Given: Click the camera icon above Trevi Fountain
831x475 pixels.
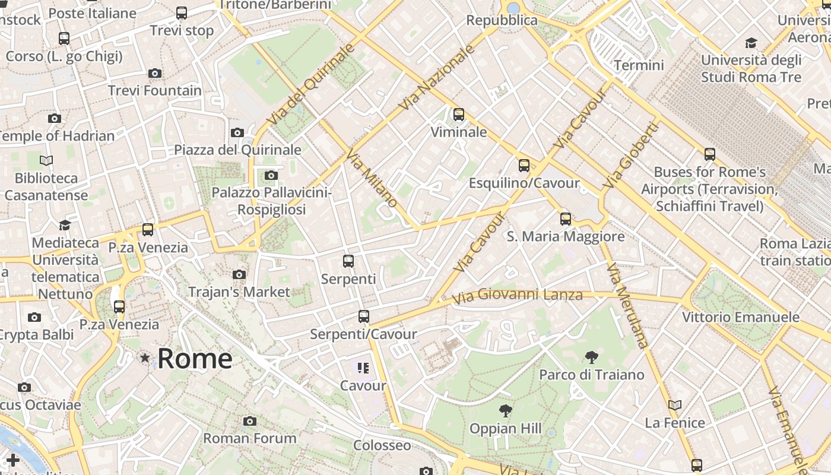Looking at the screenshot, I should click(155, 74).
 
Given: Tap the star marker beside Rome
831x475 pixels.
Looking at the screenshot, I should click(145, 357).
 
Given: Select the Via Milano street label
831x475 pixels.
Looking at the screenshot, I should click(372, 179).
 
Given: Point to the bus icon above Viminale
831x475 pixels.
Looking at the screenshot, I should click(458, 115).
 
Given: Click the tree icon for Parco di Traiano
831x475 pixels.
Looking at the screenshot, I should click(591, 357).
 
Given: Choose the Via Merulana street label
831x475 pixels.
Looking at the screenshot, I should click(627, 305).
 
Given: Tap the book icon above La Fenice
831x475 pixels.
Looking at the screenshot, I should click(674, 405).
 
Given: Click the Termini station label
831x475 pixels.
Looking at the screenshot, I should click(639, 65).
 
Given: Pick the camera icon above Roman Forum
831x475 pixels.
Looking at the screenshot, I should click(250, 421).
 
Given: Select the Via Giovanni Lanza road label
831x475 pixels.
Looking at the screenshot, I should click(516, 294).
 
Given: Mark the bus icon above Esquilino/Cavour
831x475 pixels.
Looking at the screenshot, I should click(524, 166).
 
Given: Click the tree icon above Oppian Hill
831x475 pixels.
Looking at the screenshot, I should click(505, 410).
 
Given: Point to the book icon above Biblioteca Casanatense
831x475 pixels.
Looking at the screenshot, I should click(46, 160).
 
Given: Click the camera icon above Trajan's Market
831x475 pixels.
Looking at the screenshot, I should click(239, 274).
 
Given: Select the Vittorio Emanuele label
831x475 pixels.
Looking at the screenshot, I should click(740, 317).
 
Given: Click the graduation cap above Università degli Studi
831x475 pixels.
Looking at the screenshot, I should click(751, 43).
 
